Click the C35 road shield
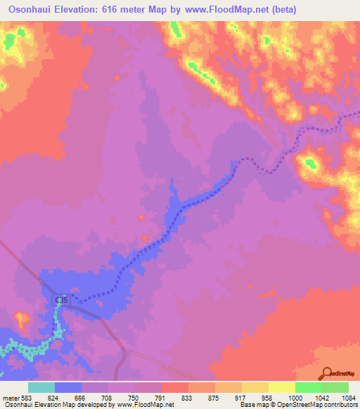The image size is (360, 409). pyautogui.click(x=62, y=300)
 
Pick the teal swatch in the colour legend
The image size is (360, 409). pyautogui.click(x=41, y=387)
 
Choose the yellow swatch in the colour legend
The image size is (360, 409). pyautogui.click(x=281, y=387)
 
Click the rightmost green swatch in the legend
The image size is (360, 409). pyautogui.click(x=335, y=387)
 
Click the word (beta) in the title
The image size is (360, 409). pyautogui.click(x=281, y=9)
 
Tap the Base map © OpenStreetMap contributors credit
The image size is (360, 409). pyautogui.click(x=298, y=405)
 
